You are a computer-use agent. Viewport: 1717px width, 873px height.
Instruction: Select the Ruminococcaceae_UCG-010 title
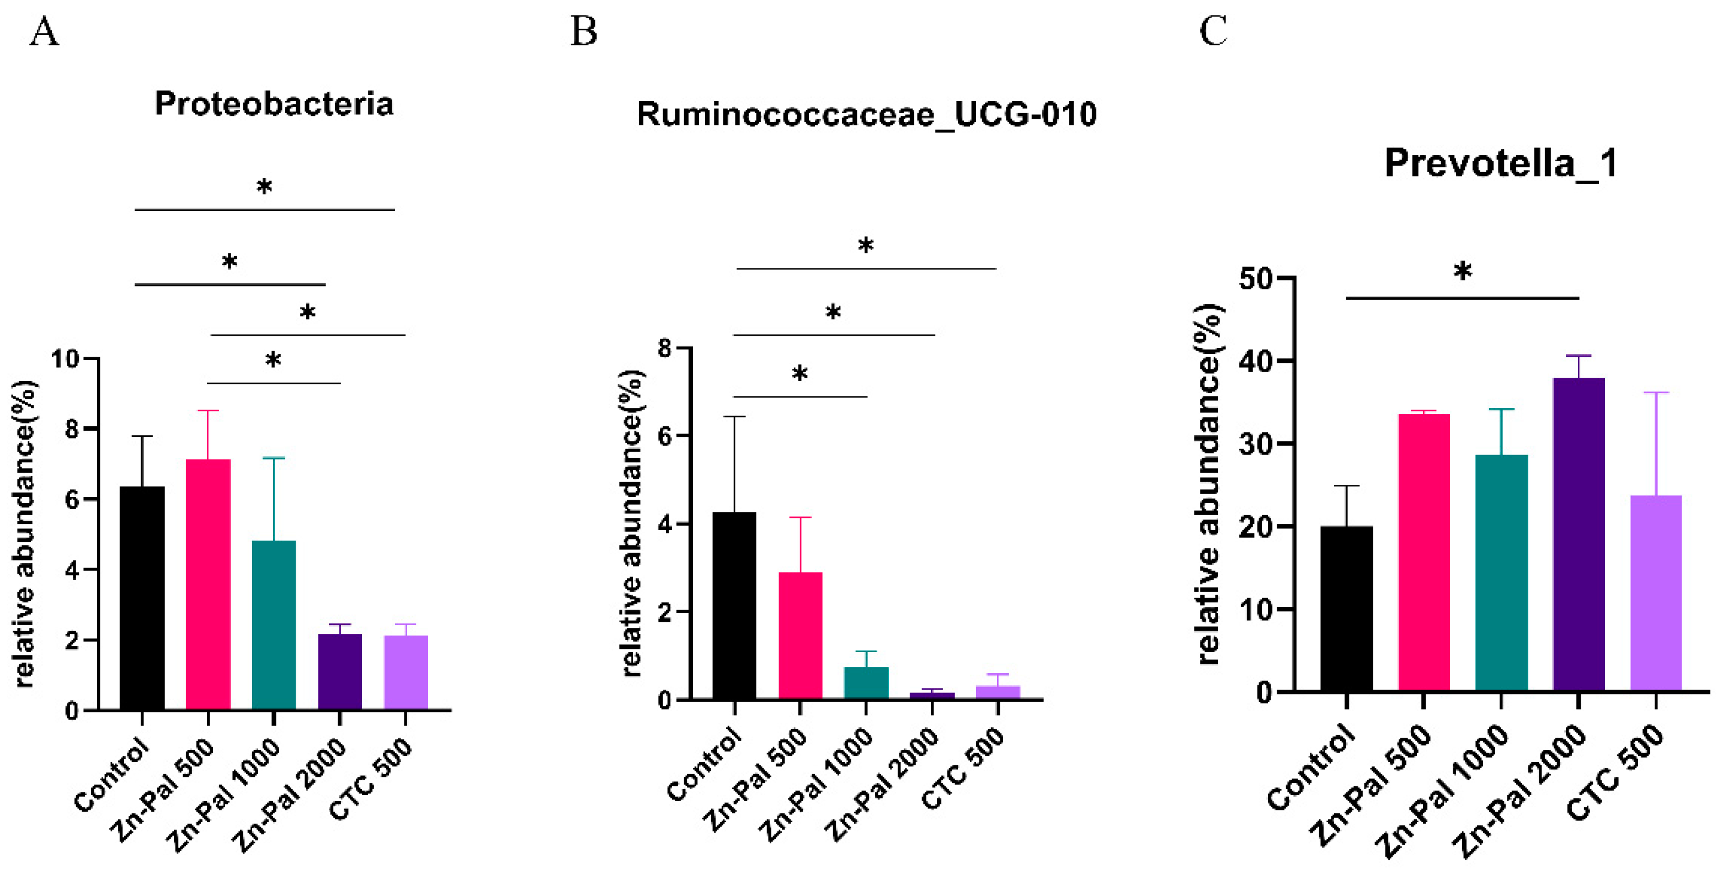click(866, 115)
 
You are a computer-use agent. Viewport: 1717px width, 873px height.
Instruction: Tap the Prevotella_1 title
click(1501, 163)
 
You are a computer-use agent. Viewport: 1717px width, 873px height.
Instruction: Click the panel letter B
click(583, 31)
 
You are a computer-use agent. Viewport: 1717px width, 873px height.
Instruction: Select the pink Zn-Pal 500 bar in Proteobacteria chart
click(208, 584)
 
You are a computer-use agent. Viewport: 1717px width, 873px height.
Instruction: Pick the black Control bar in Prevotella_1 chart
click(1346, 609)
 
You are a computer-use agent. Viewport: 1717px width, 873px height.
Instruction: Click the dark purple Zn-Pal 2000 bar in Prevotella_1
click(1578, 533)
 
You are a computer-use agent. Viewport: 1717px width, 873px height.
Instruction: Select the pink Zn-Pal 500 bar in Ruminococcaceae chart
click(800, 635)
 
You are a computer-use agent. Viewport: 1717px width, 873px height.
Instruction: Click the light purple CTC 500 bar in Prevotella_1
click(1656, 592)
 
